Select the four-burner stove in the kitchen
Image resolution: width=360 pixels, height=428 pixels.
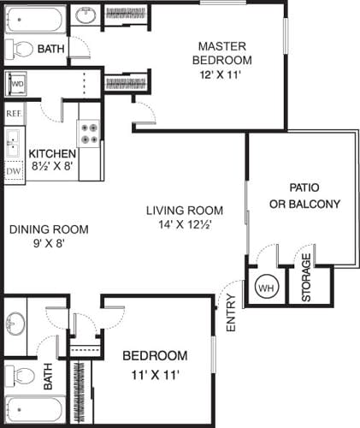click(x=89, y=132)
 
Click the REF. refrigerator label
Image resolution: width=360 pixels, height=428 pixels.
click(x=14, y=113)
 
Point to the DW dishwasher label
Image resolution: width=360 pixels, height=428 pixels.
click(x=14, y=170)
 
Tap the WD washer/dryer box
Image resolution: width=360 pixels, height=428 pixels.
click(x=17, y=83)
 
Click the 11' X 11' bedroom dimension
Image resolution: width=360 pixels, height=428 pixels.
click(x=154, y=374)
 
